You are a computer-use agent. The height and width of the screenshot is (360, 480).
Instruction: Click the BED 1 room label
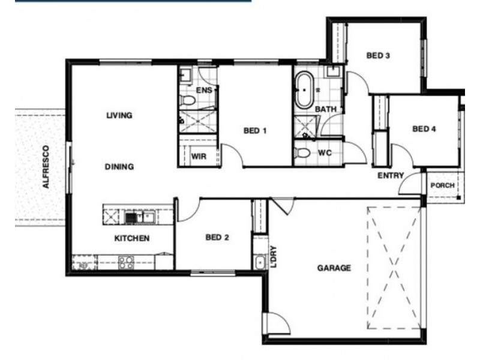click(x=255, y=131)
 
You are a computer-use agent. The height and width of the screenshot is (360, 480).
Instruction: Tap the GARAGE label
click(x=334, y=268)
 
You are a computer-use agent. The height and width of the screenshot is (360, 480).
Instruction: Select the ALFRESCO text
click(x=46, y=167)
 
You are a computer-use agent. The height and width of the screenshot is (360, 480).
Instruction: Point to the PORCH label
click(x=442, y=185)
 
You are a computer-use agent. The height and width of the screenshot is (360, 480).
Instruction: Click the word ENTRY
click(x=391, y=175)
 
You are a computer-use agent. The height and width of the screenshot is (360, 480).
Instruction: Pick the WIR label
click(x=199, y=157)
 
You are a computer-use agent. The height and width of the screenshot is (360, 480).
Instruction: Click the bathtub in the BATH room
click(x=304, y=90)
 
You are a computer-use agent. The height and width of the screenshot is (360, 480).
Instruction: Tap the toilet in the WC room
click(x=302, y=152)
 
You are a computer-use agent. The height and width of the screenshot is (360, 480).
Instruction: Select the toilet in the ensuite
click(x=187, y=100)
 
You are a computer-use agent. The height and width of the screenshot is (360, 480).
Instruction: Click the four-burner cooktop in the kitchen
click(x=126, y=263)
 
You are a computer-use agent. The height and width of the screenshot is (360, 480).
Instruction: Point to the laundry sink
click(x=260, y=263)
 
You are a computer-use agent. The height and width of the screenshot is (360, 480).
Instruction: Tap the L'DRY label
click(x=274, y=257)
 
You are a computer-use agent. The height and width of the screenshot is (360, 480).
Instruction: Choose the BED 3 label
click(x=378, y=56)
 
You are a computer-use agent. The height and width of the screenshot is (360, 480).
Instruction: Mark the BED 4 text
click(x=424, y=129)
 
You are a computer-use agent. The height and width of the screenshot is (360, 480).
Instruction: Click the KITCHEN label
click(x=132, y=238)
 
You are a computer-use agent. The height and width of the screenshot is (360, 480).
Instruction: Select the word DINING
click(x=119, y=167)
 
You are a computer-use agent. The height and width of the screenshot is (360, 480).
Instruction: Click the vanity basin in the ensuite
click(x=185, y=74)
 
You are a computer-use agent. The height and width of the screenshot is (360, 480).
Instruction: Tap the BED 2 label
click(x=217, y=237)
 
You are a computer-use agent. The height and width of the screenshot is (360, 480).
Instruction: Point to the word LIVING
click(x=119, y=115)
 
